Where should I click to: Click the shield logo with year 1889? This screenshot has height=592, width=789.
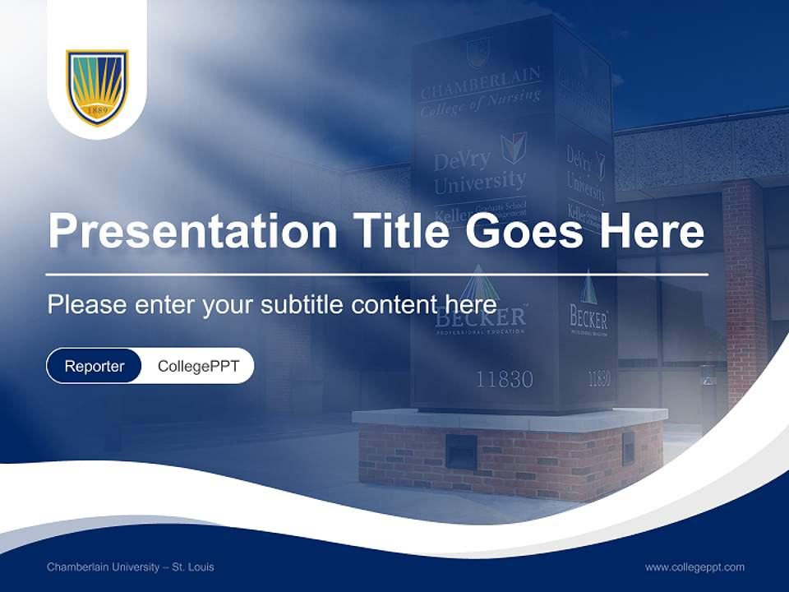97,87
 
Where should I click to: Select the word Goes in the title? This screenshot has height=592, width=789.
521,231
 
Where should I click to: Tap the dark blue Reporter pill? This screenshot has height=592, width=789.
95,366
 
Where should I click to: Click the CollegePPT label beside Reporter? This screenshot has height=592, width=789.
198,366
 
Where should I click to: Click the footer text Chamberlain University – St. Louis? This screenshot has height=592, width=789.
130,567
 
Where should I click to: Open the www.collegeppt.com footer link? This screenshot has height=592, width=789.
694,567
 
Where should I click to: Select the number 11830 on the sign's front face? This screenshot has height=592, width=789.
504,379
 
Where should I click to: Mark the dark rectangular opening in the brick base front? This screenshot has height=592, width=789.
460,451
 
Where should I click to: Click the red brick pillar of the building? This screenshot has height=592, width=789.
745,288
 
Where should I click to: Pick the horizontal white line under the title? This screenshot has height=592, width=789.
376,274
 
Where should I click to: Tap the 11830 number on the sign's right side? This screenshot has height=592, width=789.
599,378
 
